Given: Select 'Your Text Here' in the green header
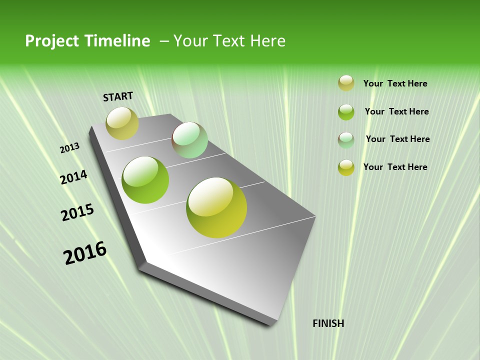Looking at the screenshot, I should click(229, 41).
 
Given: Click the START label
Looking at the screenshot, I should click(118, 96).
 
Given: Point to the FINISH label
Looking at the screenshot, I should click(328, 323).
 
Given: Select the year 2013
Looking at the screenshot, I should click(70, 148).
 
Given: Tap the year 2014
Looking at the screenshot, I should click(74, 177).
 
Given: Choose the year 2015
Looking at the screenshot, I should click(77, 212).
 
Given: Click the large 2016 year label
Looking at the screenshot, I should click(85, 253).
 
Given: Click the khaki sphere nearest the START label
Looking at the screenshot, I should click(122, 123).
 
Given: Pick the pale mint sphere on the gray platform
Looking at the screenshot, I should click(189, 140).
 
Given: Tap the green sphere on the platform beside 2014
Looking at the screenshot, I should click(145, 180).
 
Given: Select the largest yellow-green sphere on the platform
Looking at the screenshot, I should click(216, 207).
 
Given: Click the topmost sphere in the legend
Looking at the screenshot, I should click(346, 83).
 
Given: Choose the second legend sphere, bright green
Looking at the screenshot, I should click(346, 112).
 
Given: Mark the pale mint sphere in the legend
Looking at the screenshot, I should click(346, 140).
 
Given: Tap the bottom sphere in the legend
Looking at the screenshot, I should click(346, 167).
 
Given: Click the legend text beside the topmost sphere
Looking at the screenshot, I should click(395, 83).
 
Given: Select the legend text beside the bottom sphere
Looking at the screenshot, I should click(395, 167).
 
